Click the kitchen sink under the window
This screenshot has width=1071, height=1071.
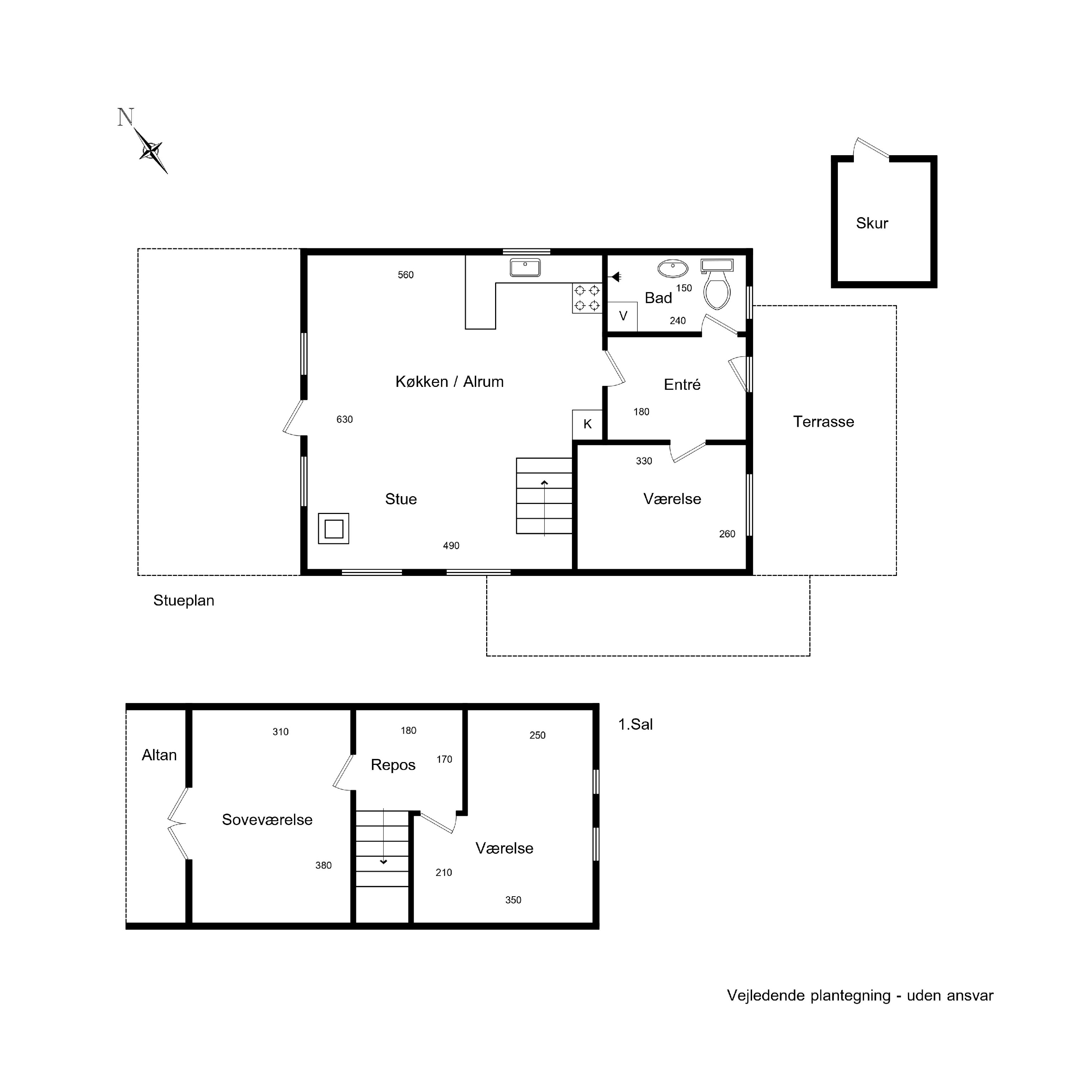coord(525,268)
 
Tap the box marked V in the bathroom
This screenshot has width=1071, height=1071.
coord(623,316)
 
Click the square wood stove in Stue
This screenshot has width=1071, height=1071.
coord(333,528)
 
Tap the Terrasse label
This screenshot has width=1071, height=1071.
coord(823,421)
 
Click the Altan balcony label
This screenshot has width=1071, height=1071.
coord(159,755)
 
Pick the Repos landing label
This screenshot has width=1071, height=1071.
coord(393,765)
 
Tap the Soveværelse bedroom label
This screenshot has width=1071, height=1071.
coord(267,820)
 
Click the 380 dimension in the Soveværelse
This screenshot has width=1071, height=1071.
coord(323,865)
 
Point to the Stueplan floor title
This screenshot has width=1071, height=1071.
coord(184,601)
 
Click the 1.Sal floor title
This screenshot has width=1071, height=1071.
coord(635,725)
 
